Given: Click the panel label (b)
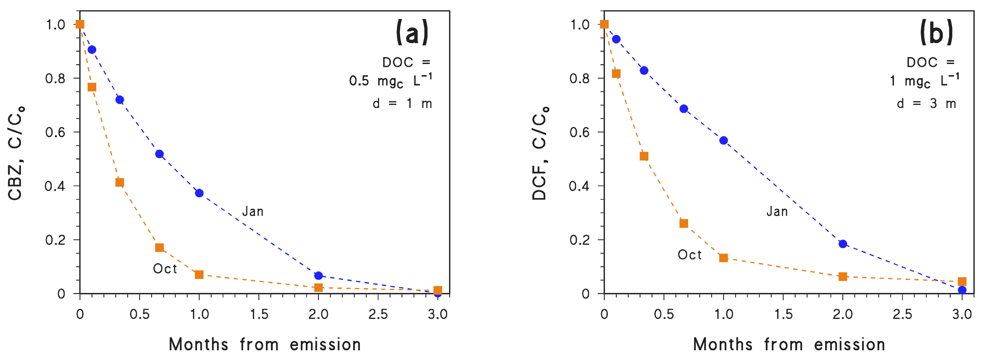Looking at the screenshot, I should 936,33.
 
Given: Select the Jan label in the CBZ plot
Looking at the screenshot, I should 253,211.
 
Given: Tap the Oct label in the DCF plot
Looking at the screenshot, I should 689,255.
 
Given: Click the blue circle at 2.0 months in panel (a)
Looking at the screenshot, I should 318,275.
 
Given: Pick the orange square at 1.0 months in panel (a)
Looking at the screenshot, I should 199,274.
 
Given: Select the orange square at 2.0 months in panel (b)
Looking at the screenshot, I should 843,276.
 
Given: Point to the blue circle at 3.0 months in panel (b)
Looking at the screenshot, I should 962,290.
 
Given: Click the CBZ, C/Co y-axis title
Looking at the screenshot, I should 16,152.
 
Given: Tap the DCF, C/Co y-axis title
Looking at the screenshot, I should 540,152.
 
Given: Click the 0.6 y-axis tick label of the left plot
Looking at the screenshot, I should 56,132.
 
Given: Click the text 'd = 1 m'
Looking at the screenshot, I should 402,103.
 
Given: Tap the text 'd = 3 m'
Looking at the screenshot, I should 926,103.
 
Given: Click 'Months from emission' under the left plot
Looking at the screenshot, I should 265,344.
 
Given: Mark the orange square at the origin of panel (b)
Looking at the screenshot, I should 604,24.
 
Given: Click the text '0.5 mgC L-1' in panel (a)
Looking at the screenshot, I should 390,81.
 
